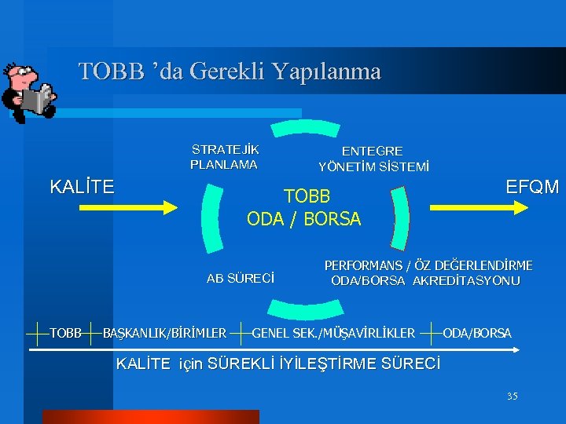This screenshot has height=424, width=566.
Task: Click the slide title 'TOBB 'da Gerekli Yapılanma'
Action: (x=230, y=71)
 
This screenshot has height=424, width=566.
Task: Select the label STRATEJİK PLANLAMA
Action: (x=225, y=157)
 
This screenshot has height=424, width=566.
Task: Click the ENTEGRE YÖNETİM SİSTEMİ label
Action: (x=373, y=159)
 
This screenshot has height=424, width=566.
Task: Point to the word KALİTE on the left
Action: (x=82, y=187)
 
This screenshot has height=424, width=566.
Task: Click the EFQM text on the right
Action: (x=532, y=187)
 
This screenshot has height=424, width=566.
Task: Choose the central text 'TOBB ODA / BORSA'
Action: (x=304, y=207)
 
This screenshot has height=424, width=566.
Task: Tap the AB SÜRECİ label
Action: (x=241, y=278)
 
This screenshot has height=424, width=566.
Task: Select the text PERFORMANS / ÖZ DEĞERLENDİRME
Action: (x=428, y=265)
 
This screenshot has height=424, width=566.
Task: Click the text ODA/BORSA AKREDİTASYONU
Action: (x=425, y=280)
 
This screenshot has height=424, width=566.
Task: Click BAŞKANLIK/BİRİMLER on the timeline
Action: (x=165, y=334)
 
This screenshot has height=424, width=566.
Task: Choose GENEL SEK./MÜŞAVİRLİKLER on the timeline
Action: (x=333, y=334)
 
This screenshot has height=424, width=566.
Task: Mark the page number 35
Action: (x=512, y=396)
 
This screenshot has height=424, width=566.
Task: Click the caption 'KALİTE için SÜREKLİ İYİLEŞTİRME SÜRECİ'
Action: (x=278, y=364)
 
